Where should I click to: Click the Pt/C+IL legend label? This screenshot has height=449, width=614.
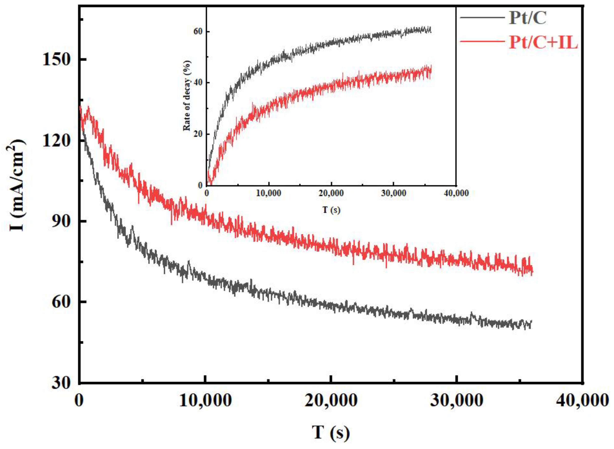pyautogui.click(x=543, y=43)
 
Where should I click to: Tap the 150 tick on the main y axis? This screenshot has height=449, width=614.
pyautogui.click(x=56, y=59)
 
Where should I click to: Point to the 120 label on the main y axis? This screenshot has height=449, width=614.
pyautogui.click(x=56, y=140)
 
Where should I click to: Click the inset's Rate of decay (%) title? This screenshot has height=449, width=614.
pyautogui.click(x=187, y=95)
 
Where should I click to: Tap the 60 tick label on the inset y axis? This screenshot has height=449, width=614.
pyautogui.click(x=198, y=32)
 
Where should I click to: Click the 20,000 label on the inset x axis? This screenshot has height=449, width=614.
pyautogui.click(x=331, y=193)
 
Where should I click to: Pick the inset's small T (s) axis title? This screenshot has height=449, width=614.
pyautogui.click(x=331, y=210)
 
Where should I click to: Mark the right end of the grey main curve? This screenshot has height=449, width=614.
pyautogui.click(x=531, y=321)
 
